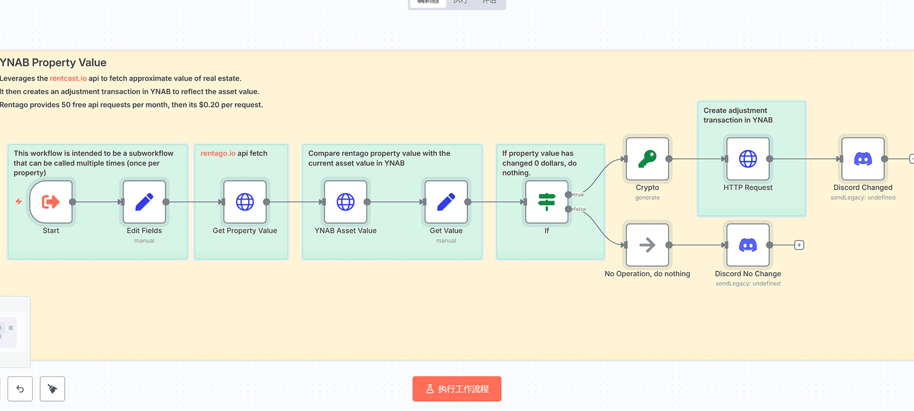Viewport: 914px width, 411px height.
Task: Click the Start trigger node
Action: pos(51,202)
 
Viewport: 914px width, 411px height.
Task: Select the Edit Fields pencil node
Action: pos(144,202)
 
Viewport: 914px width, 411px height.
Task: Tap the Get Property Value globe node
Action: pos(245,202)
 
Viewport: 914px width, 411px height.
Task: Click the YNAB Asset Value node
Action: pos(345,202)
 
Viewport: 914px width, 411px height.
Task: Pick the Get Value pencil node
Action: pos(446,202)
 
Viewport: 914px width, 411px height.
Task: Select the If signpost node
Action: pos(547,202)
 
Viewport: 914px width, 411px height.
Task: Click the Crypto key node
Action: pos(647,159)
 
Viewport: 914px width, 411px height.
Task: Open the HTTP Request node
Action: pos(748,159)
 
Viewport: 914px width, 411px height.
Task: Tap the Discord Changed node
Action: pos(863,159)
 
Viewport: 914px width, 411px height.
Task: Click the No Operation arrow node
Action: pos(647,245)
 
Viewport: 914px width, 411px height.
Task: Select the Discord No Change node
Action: pos(748,245)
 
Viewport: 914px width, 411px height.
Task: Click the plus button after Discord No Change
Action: pos(799,245)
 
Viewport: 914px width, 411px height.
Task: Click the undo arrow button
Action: pos(20,389)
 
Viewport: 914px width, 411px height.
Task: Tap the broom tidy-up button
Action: pos(52,389)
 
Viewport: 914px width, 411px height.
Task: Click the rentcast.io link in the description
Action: pos(68,78)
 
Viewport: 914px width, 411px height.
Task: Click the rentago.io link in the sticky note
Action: pos(218,153)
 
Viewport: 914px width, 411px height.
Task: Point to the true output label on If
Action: pos(579,195)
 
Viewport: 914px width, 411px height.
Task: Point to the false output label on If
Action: pos(580,209)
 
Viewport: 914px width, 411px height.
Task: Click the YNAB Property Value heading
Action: pos(53,63)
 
